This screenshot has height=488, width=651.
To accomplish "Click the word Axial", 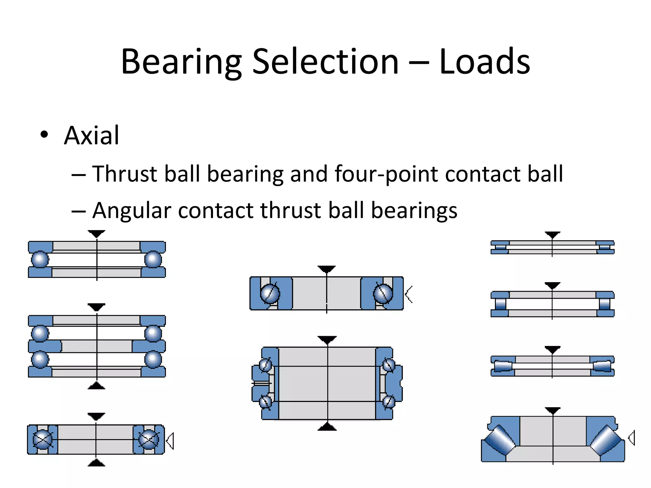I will coord(92,136).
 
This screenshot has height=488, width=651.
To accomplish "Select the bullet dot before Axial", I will coord(44,135).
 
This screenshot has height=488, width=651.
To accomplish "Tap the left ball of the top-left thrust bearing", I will coord(40,259).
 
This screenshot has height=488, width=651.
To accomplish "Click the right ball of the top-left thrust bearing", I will coord(153,259).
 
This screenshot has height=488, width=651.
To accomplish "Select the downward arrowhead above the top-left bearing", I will coord(96,234).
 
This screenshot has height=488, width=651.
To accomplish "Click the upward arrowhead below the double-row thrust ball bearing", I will coord(96,386).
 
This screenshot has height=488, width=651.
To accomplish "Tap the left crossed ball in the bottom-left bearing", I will coord(43,440).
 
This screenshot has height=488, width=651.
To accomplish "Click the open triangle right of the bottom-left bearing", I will coord(170,441).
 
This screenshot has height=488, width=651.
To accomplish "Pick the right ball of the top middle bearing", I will coord(383,294).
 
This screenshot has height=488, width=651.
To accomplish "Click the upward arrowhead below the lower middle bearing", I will coord(327,427).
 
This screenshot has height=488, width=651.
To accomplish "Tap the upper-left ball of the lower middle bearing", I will coord(266,365).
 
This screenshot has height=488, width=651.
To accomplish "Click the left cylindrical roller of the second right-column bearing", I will coord(500,304).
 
